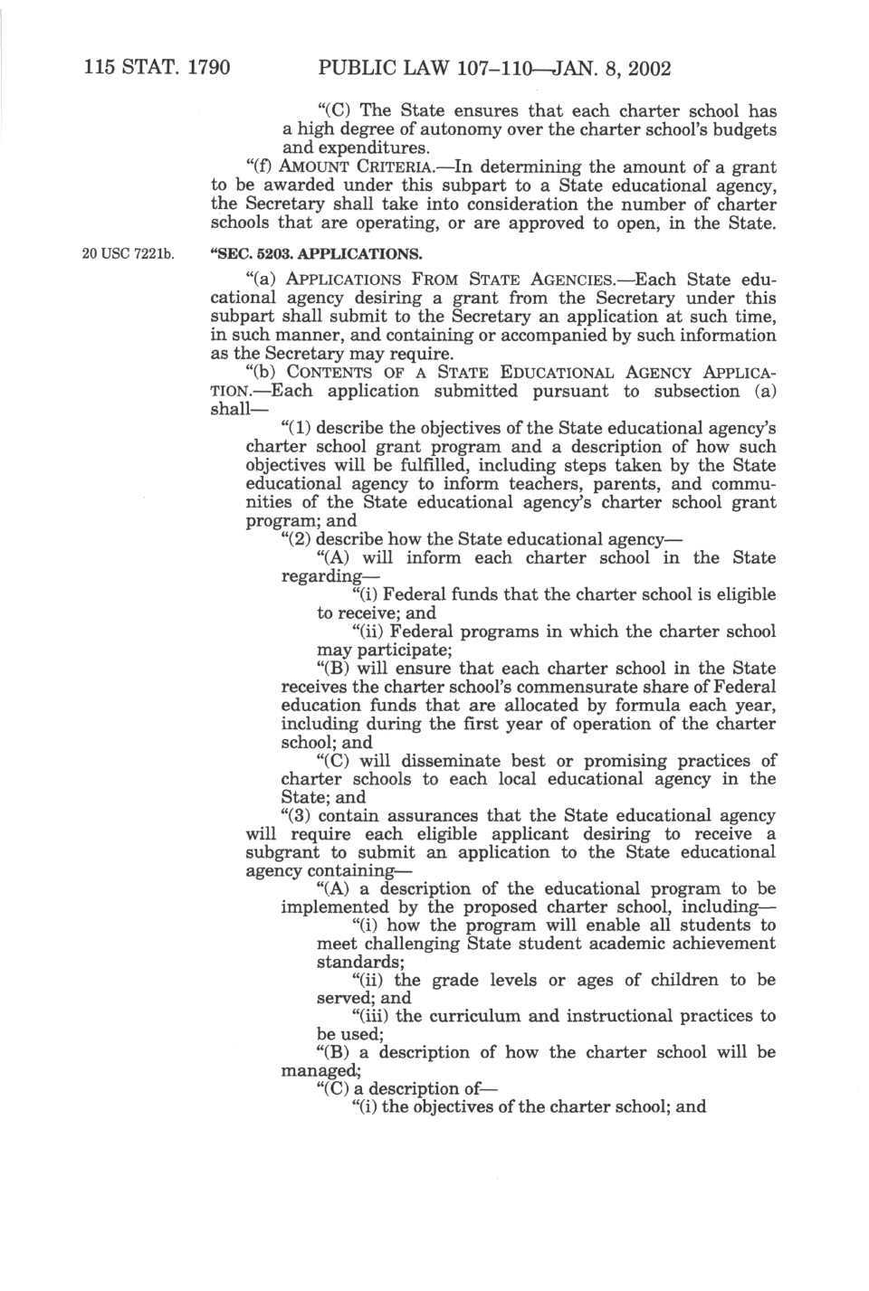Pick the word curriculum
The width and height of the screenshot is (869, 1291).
(x=476, y=1016)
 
